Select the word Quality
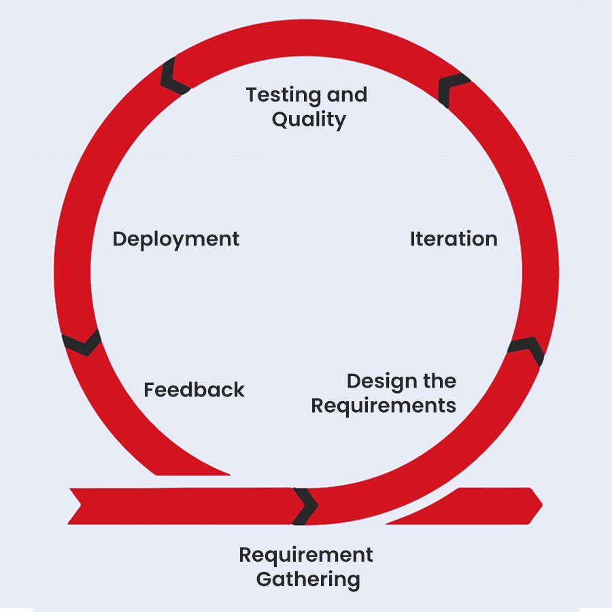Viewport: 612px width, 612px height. tap(309, 120)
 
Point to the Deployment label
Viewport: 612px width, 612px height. tap(176, 239)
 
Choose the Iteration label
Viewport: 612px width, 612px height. tap(454, 239)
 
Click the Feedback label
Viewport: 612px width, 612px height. tap(194, 390)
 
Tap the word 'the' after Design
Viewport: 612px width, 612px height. tap(439, 381)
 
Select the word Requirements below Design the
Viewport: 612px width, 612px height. tap(384, 406)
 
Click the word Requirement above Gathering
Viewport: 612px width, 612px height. tap(306, 555)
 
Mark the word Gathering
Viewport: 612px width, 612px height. tap(307, 580)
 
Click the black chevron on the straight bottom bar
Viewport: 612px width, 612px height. tap(305, 506)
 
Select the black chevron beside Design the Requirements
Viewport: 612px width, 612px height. tap(528, 348)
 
